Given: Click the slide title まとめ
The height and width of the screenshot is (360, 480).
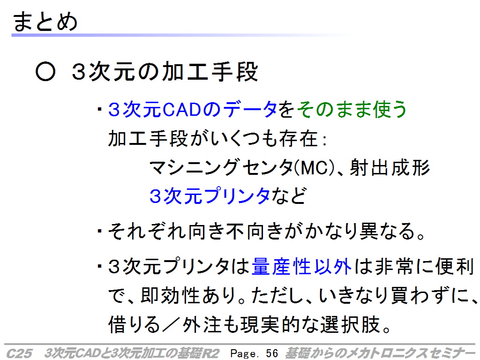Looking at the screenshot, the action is click(45, 22).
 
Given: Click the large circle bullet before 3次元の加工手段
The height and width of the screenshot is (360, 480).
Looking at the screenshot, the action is click(45, 72).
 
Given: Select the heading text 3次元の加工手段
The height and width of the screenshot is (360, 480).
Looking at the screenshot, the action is click(165, 72).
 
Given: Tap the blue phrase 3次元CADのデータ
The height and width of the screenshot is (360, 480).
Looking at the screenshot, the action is click(193, 109).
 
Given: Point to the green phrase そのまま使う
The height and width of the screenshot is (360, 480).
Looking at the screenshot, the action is click(352, 109).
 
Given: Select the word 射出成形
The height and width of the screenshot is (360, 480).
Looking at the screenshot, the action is click(390, 167).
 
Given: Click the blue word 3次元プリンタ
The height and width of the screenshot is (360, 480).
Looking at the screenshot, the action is click(210, 196).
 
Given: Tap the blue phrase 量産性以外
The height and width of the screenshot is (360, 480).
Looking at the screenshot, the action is click(301, 266).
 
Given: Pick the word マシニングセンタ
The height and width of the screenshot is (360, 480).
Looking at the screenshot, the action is click(221, 167).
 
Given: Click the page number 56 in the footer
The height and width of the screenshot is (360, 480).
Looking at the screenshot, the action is click(272, 353).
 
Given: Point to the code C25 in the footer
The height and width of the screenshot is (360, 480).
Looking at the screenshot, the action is click(19, 353).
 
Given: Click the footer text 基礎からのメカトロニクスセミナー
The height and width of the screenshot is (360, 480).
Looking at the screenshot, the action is click(380, 353).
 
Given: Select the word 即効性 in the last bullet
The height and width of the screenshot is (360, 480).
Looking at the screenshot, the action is click(170, 296).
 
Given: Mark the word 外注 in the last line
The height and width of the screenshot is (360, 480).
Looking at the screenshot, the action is click(202, 324).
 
